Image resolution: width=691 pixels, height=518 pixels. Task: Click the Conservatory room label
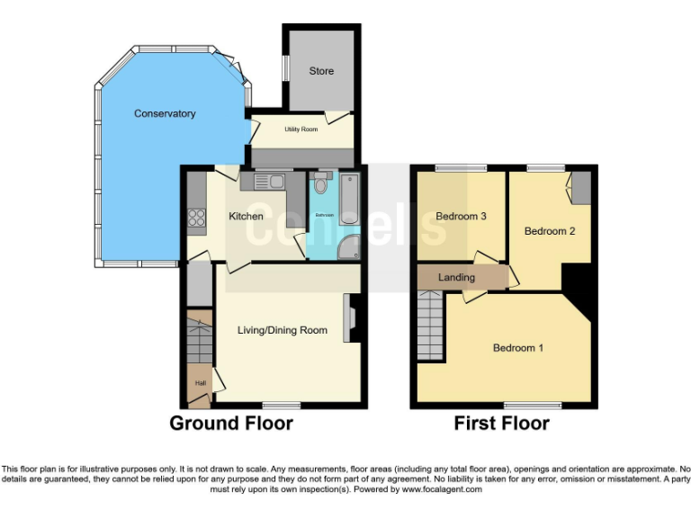pyautogui.click(x=165, y=113)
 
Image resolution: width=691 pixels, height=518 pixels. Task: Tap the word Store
pyautogui.click(x=321, y=71)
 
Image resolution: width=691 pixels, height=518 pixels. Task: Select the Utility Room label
pyautogui.click(x=301, y=129)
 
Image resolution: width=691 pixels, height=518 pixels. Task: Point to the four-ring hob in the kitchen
pyautogui.click(x=196, y=217)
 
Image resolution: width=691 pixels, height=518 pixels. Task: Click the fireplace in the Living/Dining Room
pyautogui.click(x=350, y=319)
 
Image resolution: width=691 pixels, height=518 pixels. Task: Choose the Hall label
pyautogui.click(x=198, y=384)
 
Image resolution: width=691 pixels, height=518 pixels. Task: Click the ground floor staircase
pyautogui.click(x=197, y=335)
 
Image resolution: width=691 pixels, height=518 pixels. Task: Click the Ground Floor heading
pyautogui.click(x=231, y=424)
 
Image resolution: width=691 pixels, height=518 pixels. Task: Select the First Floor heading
pyautogui.click(x=501, y=424)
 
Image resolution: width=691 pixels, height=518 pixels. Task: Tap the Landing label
pyautogui.click(x=456, y=277)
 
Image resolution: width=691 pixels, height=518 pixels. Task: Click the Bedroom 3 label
pyautogui.click(x=462, y=217)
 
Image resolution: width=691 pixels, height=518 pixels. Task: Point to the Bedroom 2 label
pyautogui.click(x=550, y=231)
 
